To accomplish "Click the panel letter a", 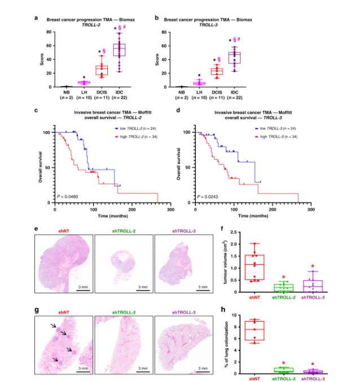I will [x=37, y=19].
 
